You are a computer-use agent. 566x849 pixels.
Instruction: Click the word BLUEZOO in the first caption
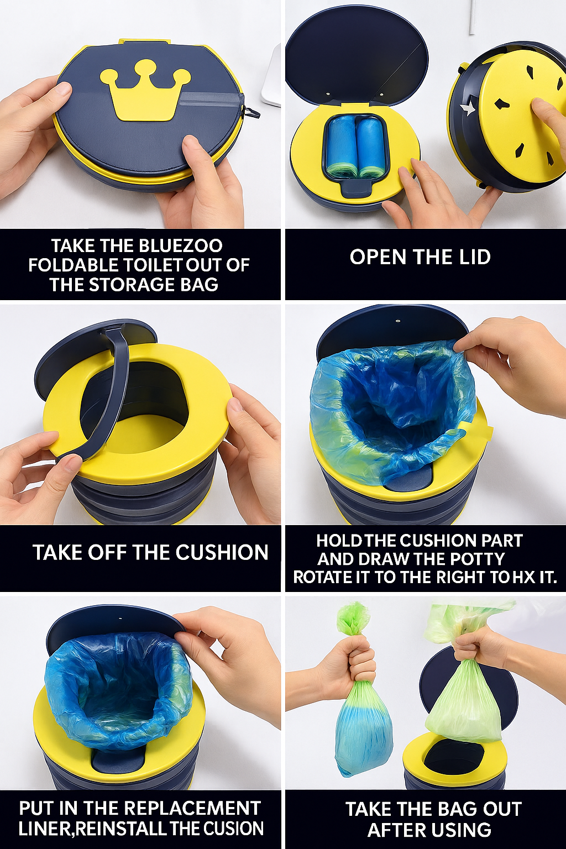[x=180, y=246]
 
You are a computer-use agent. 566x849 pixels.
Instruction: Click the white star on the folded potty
[x=468, y=109]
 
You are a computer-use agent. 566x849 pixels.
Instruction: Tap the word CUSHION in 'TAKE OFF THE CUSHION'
[x=222, y=552]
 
